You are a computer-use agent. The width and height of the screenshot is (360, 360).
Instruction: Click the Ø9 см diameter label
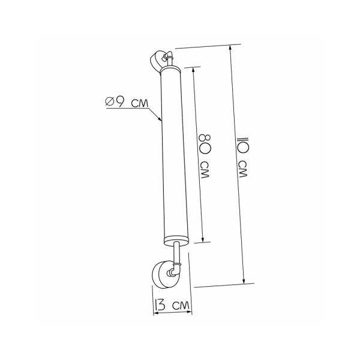click(127, 103)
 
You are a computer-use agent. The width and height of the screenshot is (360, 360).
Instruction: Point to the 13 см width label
click(173, 305)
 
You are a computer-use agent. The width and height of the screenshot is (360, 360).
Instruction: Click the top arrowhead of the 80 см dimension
click(194, 68)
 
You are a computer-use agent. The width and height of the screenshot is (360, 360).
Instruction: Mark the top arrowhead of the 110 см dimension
click(230, 47)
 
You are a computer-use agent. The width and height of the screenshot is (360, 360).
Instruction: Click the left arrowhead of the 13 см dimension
click(150, 311)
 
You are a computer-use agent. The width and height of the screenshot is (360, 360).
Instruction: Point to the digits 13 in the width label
click(160, 306)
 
